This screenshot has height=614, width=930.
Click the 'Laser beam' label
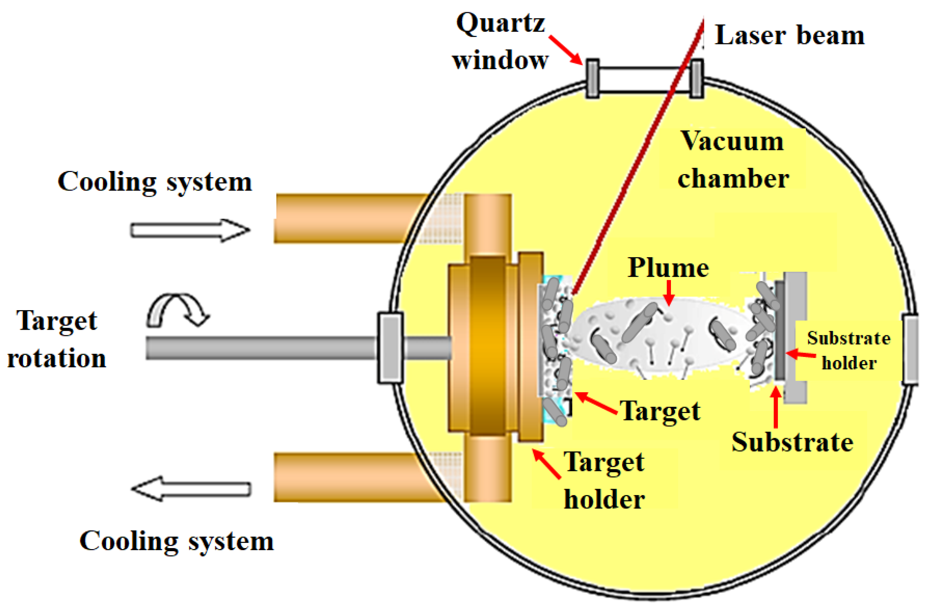pos(789,35)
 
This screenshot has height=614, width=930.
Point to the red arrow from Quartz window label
pos(565,49)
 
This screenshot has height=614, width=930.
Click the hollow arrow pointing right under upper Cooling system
pos(190,230)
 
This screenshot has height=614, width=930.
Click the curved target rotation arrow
pos(178,309)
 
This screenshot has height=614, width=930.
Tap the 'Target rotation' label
pos(57,339)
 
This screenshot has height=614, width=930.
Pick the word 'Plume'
pos(668,268)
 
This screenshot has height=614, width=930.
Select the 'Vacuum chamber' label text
pos(733,160)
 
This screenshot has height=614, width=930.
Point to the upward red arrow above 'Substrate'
pos(776,407)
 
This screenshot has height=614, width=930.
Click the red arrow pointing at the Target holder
pos(546,464)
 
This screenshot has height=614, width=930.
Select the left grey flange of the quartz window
pos(592,78)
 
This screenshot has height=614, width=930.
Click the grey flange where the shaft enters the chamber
pos(390,347)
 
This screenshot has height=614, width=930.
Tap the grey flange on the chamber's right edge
pos(910,349)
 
